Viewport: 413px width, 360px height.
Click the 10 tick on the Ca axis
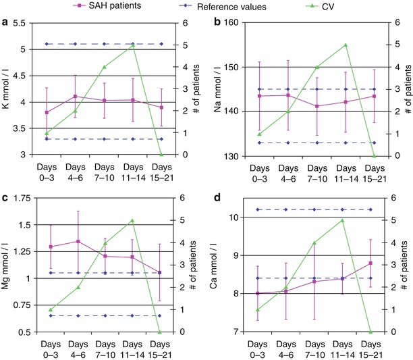[x=233, y=217]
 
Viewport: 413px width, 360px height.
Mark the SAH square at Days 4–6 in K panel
[x=76, y=97]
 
